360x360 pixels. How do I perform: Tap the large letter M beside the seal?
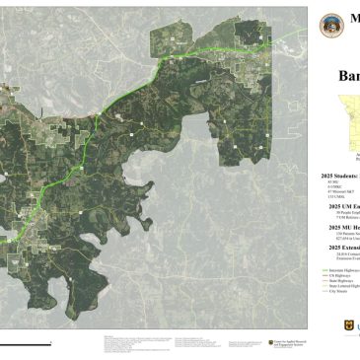tap(352, 23)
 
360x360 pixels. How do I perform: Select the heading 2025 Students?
tap(339, 176)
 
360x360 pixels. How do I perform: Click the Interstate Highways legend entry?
tap(339, 269)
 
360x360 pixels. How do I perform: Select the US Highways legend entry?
tap(336, 274)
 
